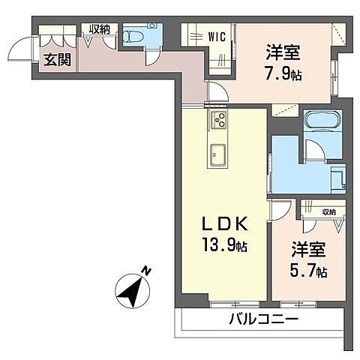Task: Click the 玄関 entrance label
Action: [x=55, y=60]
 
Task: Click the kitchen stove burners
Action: [x=219, y=118]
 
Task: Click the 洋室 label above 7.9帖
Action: [x=283, y=54]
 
